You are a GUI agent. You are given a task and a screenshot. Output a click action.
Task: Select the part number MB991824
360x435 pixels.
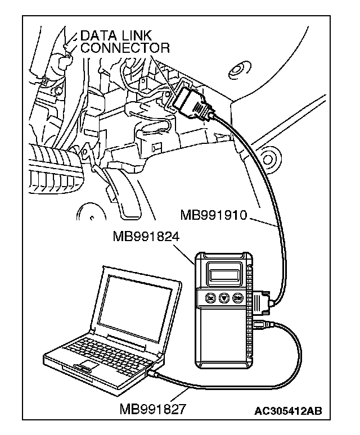pyautogui.click(x=147, y=237)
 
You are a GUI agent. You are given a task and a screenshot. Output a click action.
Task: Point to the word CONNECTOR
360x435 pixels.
pyautogui.click(x=125, y=48)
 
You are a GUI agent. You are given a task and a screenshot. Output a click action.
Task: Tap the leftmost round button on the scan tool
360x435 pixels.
pyautogui.click(x=209, y=298)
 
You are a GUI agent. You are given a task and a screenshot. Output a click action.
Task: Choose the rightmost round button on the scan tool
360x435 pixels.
pyautogui.click(x=238, y=298)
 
